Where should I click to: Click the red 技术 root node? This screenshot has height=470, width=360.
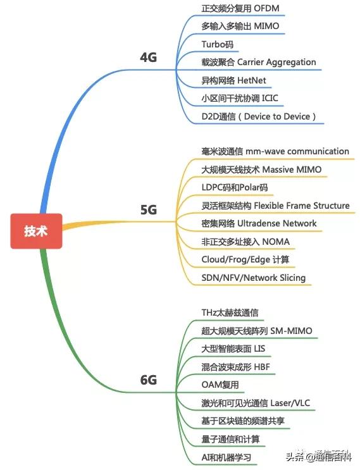(x=35, y=231)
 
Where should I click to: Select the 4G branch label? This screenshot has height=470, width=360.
(x=148, y=58)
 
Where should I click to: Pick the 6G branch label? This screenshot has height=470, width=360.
(x=148, y=380)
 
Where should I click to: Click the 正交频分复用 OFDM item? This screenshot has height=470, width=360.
(x=240, y=9)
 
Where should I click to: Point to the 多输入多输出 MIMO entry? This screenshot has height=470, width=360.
(x=240, y=27)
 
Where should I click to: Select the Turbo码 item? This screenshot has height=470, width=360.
(x=218, y=44)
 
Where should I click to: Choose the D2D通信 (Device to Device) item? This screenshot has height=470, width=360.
(x=258, y=116)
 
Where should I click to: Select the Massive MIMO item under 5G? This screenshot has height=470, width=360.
(x=291, y=170)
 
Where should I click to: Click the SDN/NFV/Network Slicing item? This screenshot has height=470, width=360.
(x=253, y=278)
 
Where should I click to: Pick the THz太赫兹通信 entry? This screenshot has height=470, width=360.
(x=229, y=313)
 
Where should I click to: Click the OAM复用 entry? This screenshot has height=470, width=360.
(x=219, y=385)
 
